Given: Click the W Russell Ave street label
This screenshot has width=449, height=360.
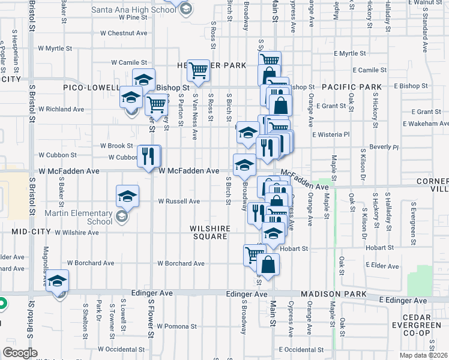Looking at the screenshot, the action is point(178,202).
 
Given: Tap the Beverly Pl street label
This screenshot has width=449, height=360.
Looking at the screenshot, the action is point(384,147).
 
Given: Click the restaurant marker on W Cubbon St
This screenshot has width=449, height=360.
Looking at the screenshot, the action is point(149,156).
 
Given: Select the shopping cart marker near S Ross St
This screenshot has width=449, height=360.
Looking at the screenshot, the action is point(197,70).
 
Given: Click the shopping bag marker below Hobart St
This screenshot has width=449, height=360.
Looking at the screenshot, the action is point(268,264).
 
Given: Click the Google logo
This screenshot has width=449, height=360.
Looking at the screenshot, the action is point(20,353).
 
